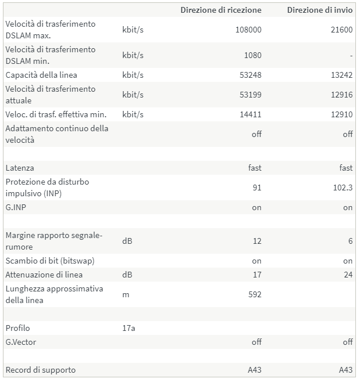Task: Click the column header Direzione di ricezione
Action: [221, 10]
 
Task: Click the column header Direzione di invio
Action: [319, 10]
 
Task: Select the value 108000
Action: [249, 30]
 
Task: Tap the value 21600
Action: [341, 30]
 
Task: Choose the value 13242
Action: [342, 75]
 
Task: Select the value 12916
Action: [342, 95]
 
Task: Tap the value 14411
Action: [251, 114]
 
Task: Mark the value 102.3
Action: [343, 188]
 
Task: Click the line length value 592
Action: [254, 294]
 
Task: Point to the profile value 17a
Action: [129, 328]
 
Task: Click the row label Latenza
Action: [20, 168]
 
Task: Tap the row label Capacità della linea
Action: [41, 75]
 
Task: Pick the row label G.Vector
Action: [20, 342]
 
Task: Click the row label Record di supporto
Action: [41, 370]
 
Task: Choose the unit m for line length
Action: [126, 294]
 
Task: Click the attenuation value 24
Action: [348, 275]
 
